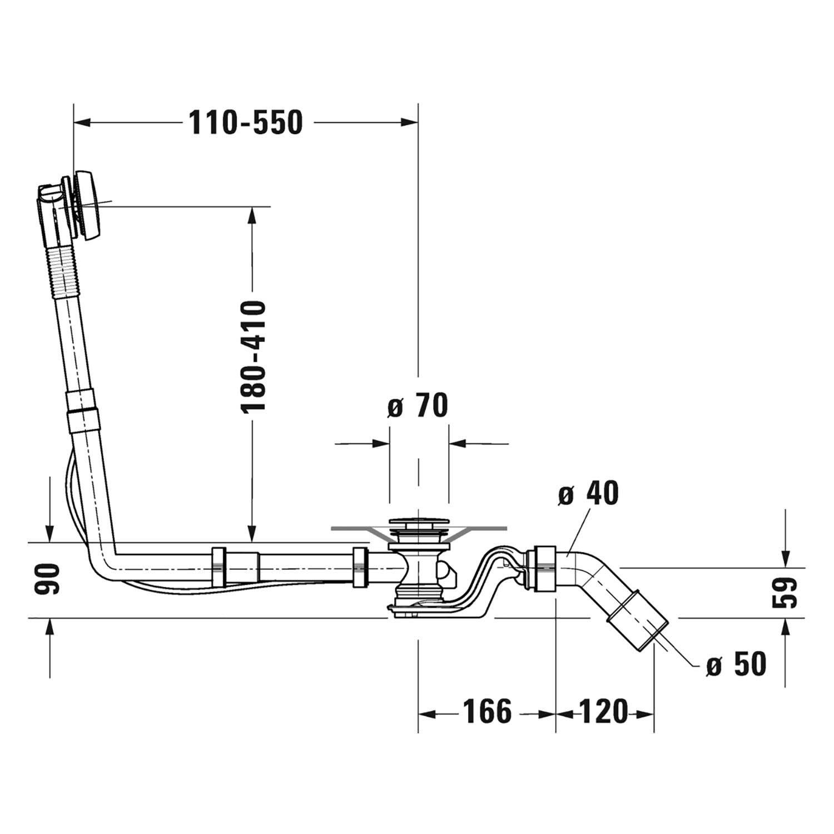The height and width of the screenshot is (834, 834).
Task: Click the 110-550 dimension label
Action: [246, 122]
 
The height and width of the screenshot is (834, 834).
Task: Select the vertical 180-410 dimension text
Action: [254, 356]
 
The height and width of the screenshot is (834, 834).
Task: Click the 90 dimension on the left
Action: [48, 579]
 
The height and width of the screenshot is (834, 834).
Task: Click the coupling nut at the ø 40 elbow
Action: [545, 569]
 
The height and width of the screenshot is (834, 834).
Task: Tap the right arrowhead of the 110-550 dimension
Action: [409, 122]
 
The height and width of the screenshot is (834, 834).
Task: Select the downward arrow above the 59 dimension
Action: [785, 559]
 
